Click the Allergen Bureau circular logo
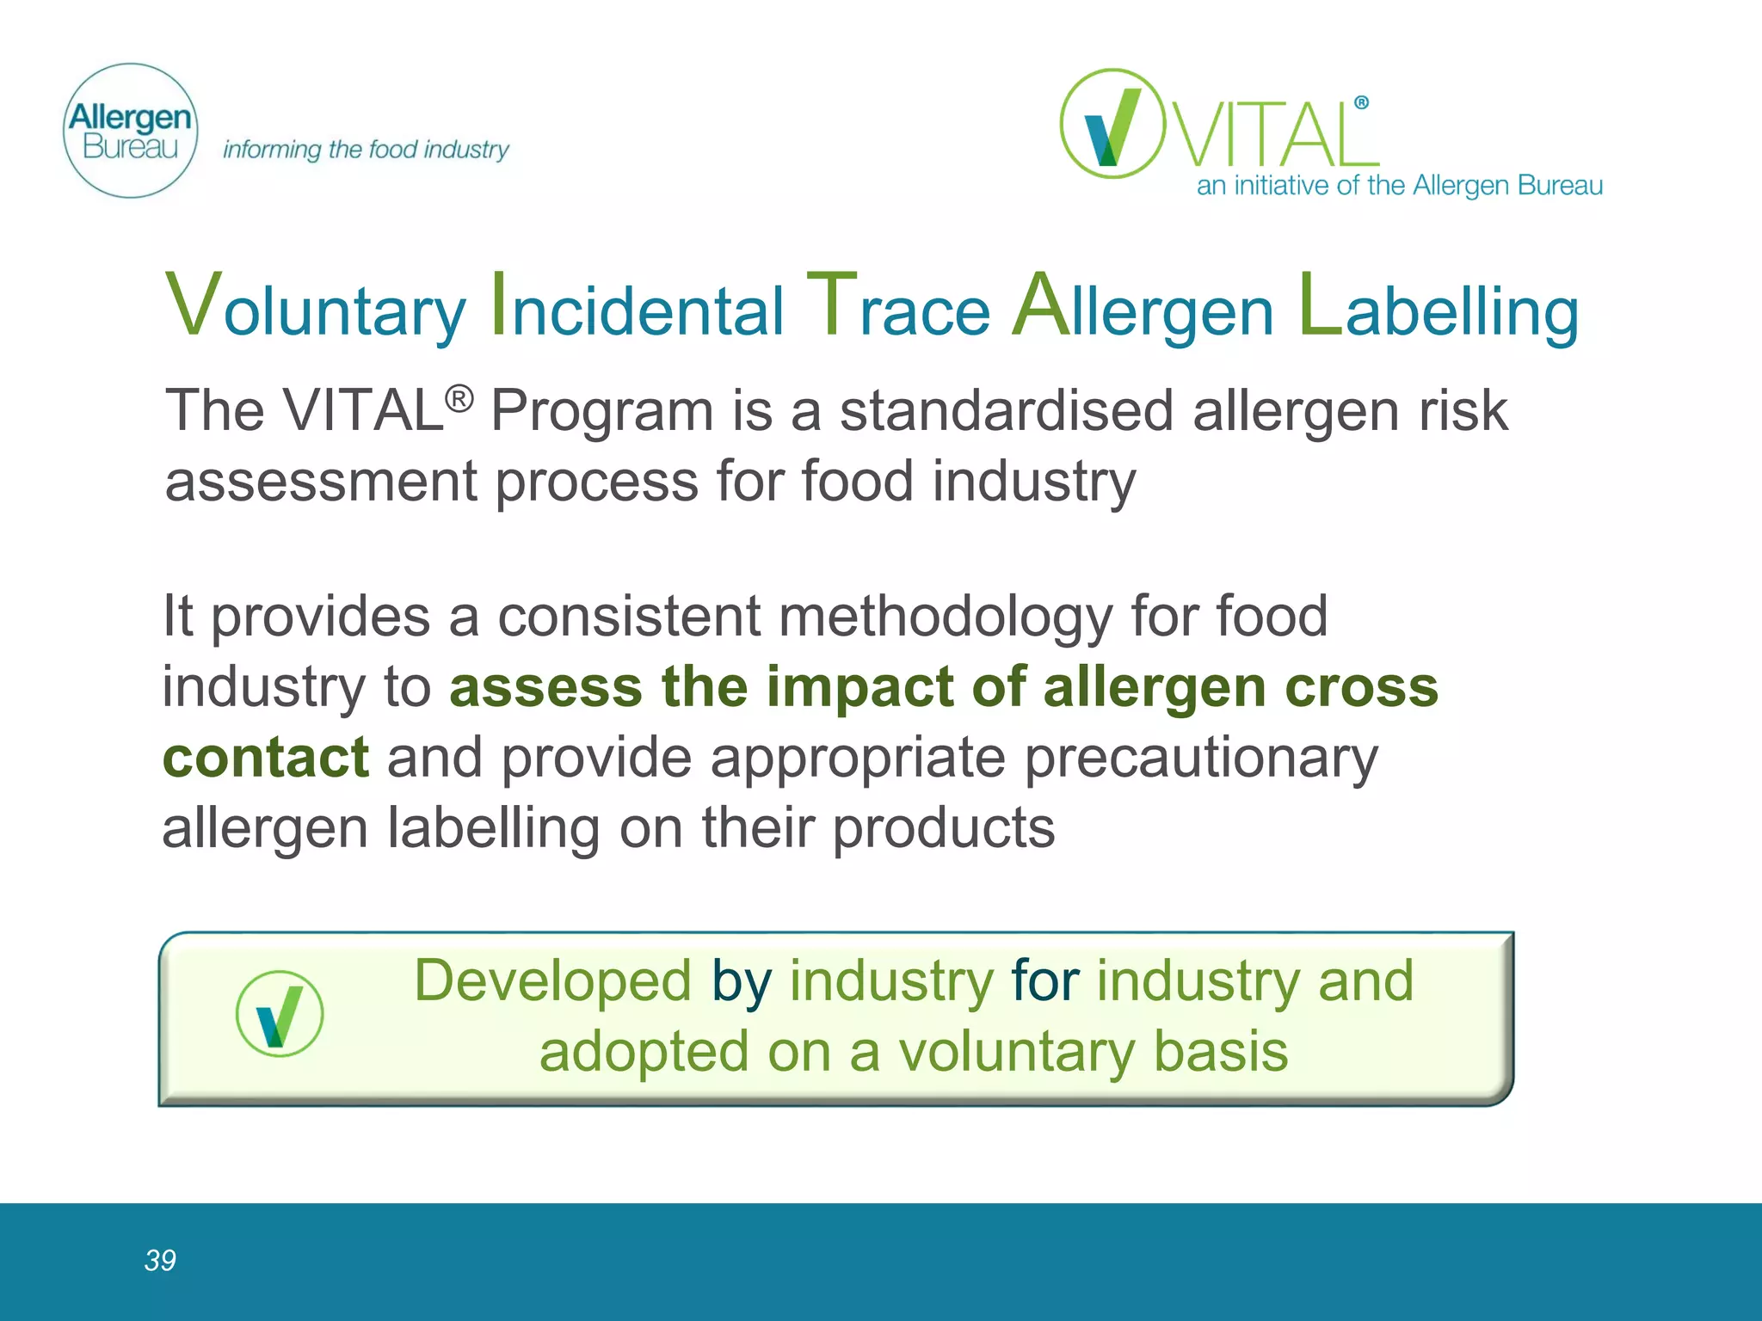131,131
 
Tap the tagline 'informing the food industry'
366,150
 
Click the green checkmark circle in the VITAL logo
1112,124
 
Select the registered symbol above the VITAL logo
1361,103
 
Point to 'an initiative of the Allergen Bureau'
1399,186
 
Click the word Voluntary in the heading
315,308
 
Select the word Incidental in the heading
637,308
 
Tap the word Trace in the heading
898,308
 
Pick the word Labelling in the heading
1439,308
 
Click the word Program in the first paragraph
601,411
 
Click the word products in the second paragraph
944,827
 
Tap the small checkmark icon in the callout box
280,1014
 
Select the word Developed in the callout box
552,980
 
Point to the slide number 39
160,1260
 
